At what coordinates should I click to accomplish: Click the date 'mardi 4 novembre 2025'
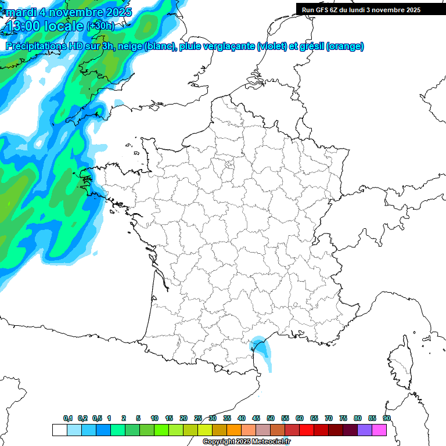tap(69, 12)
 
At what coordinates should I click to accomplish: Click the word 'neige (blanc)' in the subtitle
tap(146, 46)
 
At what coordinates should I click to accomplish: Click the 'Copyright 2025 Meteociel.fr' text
tap(247, 442)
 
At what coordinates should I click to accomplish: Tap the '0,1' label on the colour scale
tap(68, 418)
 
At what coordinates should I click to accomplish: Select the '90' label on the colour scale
tap(387, 418)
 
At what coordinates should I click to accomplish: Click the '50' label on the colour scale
tap(271, 418)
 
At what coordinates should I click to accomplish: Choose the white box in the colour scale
tap(59, 430)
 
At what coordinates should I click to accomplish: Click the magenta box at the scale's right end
tap(379, 430)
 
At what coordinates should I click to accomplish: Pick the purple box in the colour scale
tap(364, 430)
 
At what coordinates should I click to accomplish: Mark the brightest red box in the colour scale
tap(306, 430)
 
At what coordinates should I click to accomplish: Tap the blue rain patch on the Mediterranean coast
tap(261, 349)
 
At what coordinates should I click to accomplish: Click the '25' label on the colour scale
tap(198, 418)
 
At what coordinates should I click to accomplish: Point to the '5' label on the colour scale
tap(138, 418)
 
